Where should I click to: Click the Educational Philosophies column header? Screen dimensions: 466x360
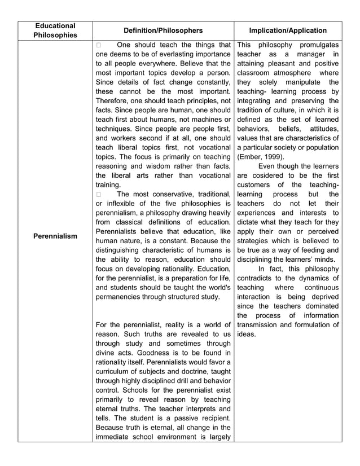click(55, 30)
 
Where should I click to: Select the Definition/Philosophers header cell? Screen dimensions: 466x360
click(163, 30)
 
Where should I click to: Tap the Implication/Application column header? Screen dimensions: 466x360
click(288, 30)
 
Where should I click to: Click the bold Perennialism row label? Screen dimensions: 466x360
click(55, 236)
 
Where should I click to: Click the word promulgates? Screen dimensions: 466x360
click(316, 45)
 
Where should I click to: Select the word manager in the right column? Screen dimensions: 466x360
click(310, 54)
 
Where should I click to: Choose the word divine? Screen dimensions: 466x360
click(107, 352)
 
